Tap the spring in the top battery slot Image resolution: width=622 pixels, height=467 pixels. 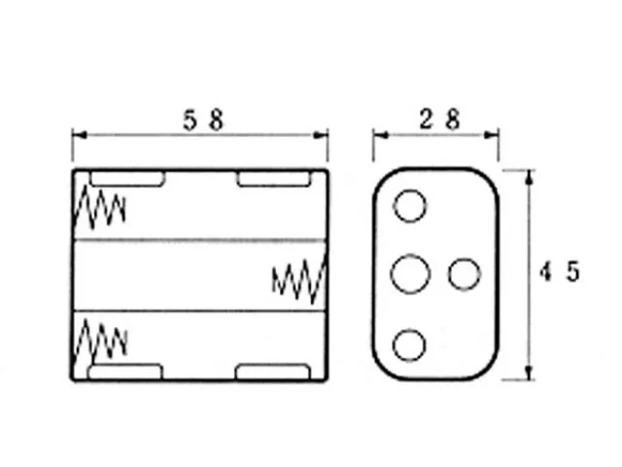pyautogui.click(x=101, y=206)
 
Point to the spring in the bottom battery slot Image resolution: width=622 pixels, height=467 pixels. pyautogui.click(x=101, y=341)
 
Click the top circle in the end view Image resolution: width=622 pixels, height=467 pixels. pyautogui.click(x=411, y=206)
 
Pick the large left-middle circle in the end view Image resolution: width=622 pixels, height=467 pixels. pyautogui.click(x=411, y=273)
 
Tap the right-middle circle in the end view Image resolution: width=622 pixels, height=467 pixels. pyautogui.click(x=464, y=274)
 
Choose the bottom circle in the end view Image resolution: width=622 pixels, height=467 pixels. pyautogui.click(x=411, y=343)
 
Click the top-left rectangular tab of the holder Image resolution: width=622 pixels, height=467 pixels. pyautogui.click(x=126, y=179)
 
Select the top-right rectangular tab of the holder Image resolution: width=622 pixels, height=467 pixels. pyautogui.click(x=273, y=179)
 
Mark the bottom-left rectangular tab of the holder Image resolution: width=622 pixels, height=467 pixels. pyautogui.click(x=126, y=373)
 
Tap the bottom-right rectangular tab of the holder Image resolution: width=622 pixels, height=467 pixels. pyautogui.click(x=273, y=373)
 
